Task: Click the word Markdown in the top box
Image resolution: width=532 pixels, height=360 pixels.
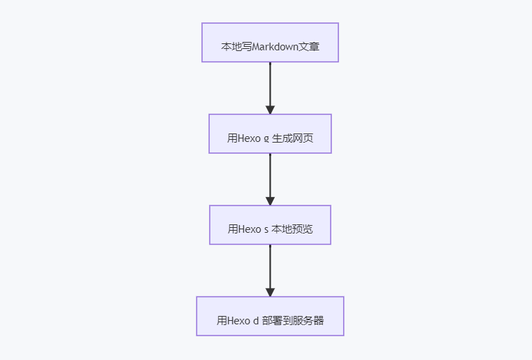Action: tap(275, 46)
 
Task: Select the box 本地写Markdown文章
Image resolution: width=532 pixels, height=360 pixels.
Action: tap(270, 43)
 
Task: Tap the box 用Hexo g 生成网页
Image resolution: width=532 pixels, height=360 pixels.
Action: tap(270, 134)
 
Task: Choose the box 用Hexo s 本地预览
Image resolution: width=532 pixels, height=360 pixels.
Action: tap(270, 224)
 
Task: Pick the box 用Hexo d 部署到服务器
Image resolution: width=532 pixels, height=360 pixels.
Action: tap(270, 316)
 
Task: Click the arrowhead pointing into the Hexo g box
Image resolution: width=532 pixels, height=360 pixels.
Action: tap(270, 110)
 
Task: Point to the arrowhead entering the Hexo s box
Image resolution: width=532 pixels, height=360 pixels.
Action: tap(270, 201)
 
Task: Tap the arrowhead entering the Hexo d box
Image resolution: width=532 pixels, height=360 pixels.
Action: tap(270, 292)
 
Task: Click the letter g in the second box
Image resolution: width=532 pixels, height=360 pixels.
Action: tap(266, 139)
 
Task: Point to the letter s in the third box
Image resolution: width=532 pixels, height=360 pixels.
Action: tap(266, 230)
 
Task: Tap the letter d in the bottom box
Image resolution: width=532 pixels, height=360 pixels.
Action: tap(256, 321)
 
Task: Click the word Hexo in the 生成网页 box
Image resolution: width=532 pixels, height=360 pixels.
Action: tap(249, 138)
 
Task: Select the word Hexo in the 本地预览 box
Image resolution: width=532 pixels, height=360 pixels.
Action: tap(250, 229)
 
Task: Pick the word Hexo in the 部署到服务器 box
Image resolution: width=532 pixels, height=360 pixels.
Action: tap(239, 320)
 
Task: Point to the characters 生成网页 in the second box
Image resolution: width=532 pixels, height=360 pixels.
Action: tap(292, 138)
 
